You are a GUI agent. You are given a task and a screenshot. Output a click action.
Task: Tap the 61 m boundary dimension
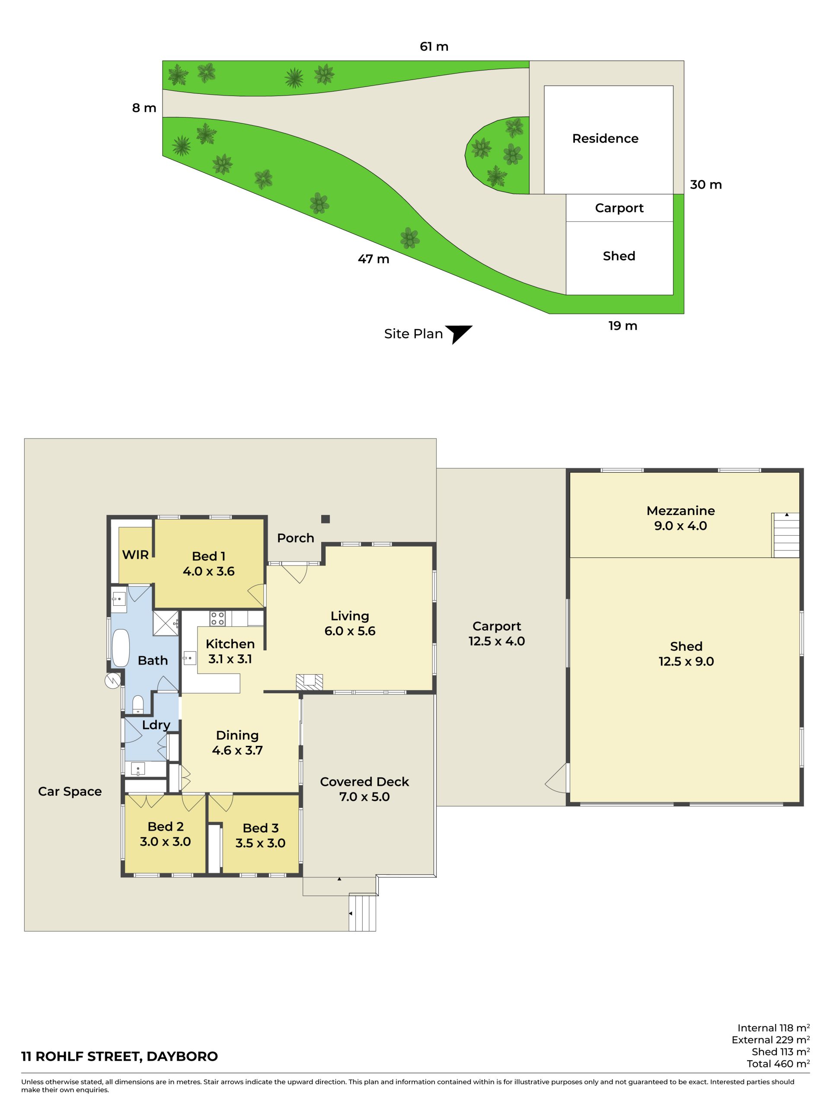(434, 47)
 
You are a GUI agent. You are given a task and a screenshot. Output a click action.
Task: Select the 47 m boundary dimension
(373, 259)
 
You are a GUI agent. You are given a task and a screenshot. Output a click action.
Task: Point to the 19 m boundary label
(622, 326)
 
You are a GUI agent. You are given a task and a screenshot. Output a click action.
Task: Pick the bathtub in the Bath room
(121, 648)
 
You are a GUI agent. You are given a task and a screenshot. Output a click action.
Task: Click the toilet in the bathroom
(137, 704)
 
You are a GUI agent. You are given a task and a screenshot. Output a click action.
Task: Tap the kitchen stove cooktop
(217, 618)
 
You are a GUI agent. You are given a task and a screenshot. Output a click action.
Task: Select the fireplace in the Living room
(309, 681)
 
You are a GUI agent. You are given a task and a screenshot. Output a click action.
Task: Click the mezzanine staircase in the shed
(785, 535)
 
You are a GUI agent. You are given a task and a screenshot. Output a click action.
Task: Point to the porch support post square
(325, 519)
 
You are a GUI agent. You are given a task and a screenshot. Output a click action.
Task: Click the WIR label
(135, 554)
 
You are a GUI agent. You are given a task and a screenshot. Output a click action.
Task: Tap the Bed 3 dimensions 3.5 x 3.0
(260, 843)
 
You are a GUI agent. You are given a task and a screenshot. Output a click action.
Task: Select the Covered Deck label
(364, 782)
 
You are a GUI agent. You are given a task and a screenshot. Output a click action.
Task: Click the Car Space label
(70, 791)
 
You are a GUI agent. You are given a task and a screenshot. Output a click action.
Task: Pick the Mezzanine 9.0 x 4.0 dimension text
(680, 525)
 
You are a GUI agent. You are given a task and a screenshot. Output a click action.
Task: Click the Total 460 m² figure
(778, 1064)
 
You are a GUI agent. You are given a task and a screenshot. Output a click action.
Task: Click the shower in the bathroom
(166, 623)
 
